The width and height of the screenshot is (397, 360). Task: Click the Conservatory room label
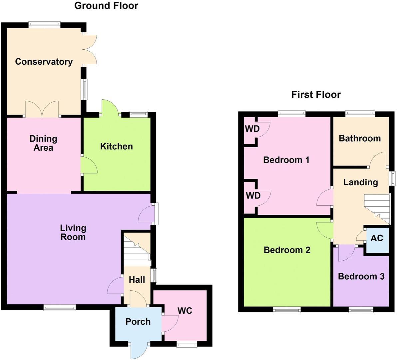(44, 62)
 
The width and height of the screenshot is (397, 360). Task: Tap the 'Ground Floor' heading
(106, 6)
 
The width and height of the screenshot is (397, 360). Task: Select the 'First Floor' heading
(316, 95)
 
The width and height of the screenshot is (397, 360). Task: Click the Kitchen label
(117, 146)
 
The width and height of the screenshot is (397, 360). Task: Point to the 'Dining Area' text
(43, 143)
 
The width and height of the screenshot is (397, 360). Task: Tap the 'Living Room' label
(73, 233)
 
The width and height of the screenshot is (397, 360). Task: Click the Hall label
(137, 280)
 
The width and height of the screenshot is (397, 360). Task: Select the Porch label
(138, 322)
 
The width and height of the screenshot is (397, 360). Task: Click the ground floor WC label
(185, 311)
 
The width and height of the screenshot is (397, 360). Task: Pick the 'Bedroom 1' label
(286, 160)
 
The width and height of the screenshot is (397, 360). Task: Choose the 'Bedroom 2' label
(287, 250)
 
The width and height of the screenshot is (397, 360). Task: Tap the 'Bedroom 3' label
(361, 276)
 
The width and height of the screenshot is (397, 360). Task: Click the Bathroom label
(360, 138)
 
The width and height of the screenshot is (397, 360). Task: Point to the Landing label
(360, 182)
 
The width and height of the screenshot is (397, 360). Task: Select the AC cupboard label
(377, 238)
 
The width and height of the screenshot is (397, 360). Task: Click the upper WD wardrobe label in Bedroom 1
(252, 129)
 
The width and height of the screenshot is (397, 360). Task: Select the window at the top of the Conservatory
(44, 24)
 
